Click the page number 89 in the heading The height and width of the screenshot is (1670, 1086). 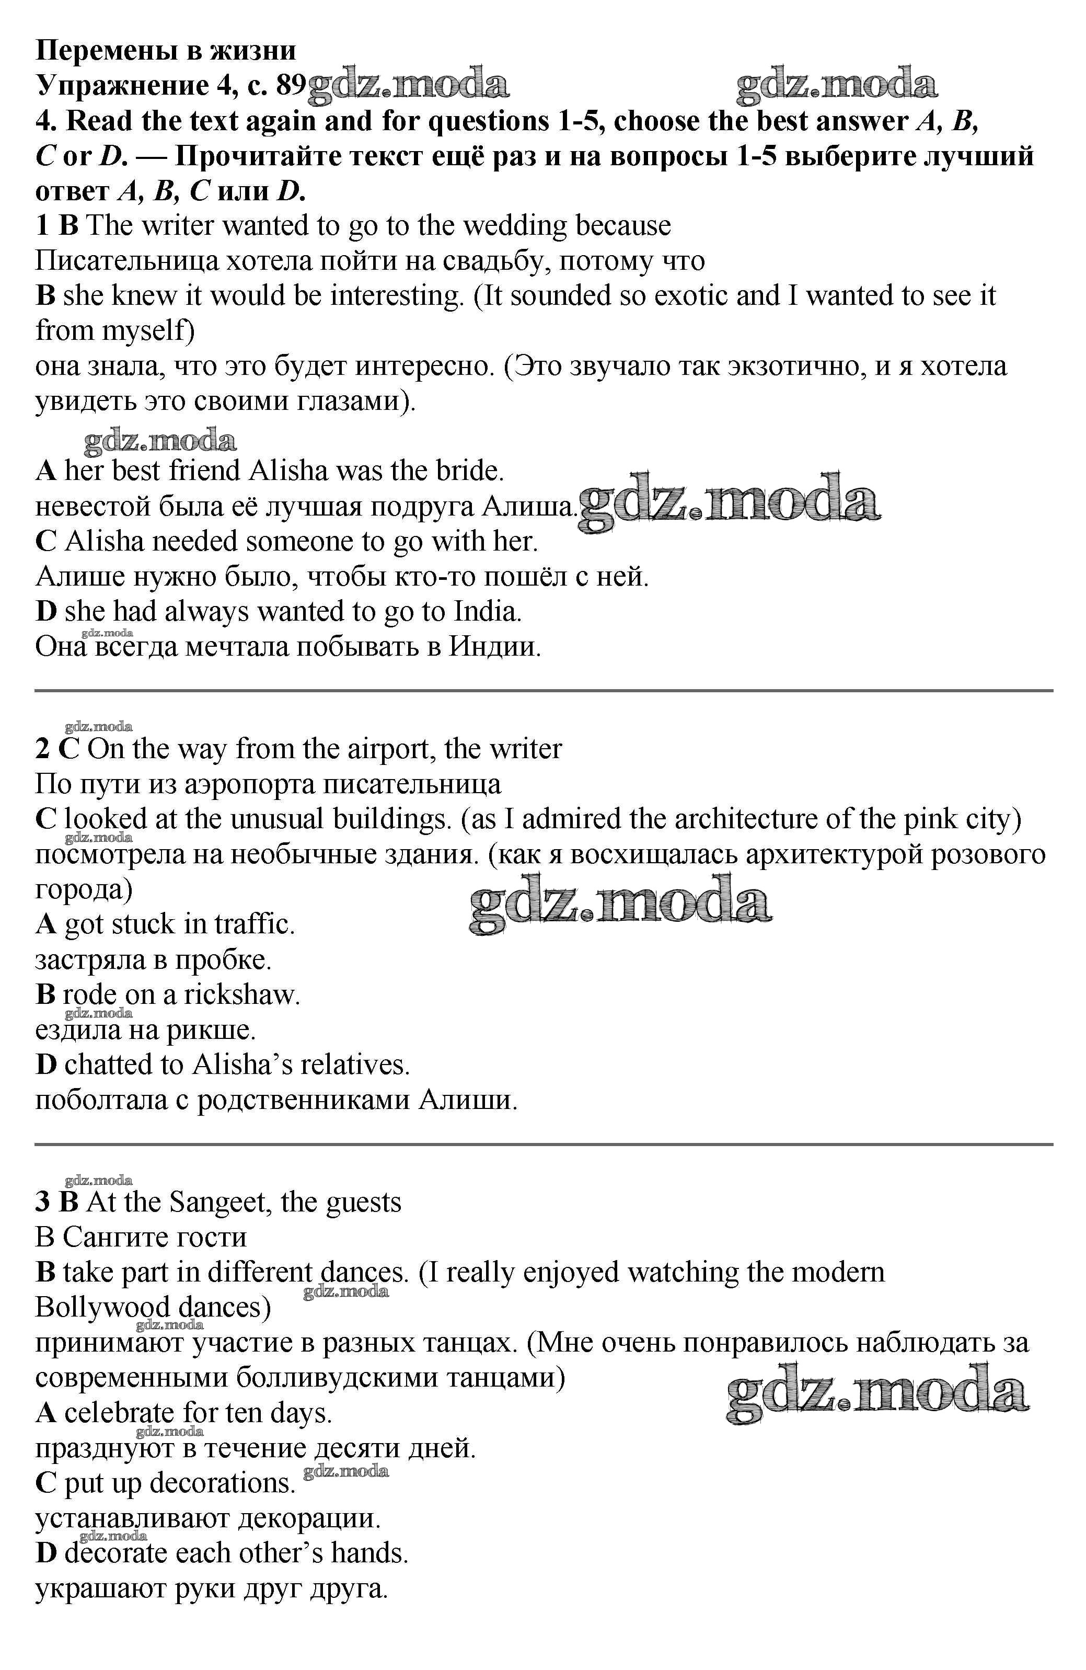pyautogui.click(x=291, y=86)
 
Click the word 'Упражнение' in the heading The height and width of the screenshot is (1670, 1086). pyautogui.click(x=120, y=86)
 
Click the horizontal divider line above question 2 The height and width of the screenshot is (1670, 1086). pyautogui.click(x=543, y=691)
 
